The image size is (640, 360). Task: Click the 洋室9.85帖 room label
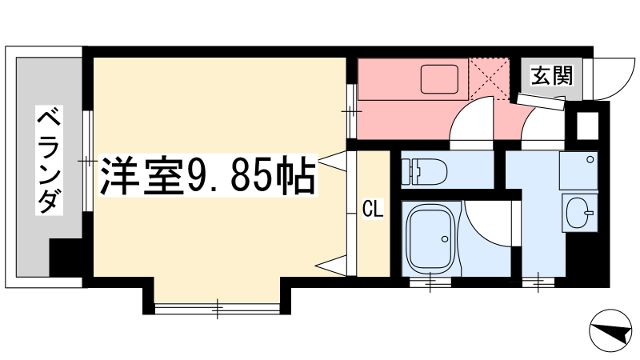pos(208,176)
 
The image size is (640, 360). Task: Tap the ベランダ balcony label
pos(49,160)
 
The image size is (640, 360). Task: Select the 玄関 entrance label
pos(551,75)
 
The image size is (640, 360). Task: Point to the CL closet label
pos(373,210)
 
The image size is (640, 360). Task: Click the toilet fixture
pos(424,171)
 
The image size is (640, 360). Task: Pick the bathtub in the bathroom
pos(432,238)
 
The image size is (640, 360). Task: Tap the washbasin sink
pos(580,213)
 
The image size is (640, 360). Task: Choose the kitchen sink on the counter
pos(439,78)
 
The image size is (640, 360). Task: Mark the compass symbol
pos(610,330)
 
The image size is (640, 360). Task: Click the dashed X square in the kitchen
pos(489,78)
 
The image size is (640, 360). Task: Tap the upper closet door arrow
pos(332,159)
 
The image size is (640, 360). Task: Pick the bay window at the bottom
pos(217,308)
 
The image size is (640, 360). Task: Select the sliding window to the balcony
pos(87,161)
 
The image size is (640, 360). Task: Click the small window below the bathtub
pos(431,282)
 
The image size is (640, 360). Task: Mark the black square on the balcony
pos(66,257)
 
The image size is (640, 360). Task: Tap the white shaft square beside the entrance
pos(587,126)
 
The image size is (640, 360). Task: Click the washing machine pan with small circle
pos(578,170)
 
